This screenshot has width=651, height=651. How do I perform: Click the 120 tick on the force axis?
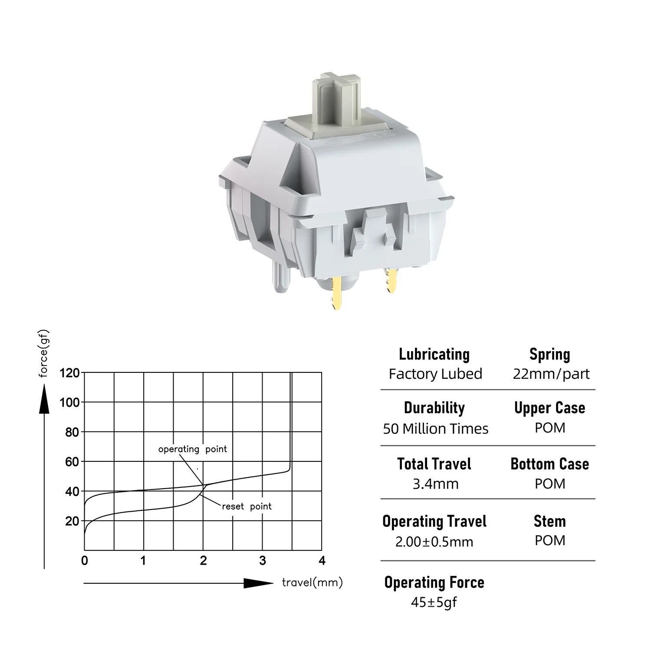[x=69, y=373]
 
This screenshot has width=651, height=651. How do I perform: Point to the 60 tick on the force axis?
[x=72, y=462]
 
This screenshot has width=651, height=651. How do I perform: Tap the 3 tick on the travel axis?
[x=263, y=561]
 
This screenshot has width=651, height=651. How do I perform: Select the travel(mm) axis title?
[x=312, y=582]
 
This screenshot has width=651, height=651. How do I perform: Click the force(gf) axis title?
[x=44, y=354]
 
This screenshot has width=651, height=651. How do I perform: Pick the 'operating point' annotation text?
[x=192, y=449]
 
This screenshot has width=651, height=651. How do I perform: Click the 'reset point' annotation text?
[x=247, y=506]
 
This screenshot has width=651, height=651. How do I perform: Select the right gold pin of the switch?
[x=391, y=280]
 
